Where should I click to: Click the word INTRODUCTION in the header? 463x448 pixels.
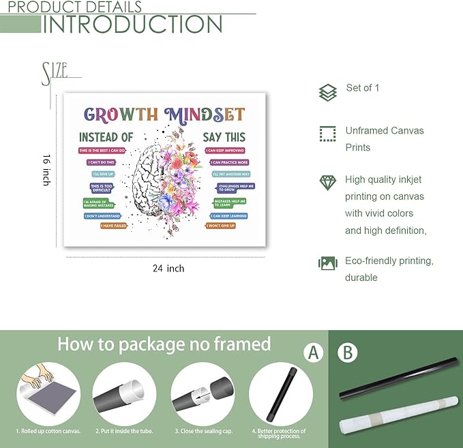click(133, 24)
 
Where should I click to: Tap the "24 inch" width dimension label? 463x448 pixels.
click(168, 269)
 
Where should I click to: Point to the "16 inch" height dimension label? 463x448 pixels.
click(46, 169)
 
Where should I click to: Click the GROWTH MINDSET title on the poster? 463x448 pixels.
click(164, 114)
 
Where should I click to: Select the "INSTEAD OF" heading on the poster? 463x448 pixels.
click(106, 137)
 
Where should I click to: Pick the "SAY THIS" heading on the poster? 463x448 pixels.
click(224, 137)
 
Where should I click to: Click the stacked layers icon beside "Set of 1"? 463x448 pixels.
click(328, 92)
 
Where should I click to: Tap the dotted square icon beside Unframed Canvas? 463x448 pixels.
click(328, 133)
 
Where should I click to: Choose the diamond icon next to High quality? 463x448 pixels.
click(328, 182)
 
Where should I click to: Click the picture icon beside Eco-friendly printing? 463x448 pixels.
click(328, 263)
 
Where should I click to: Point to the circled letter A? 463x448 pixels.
click(313, 353)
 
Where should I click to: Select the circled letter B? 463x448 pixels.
click(347, 353)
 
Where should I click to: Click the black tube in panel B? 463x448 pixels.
click(396, 385)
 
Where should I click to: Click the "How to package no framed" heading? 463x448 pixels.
click(164, 343)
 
